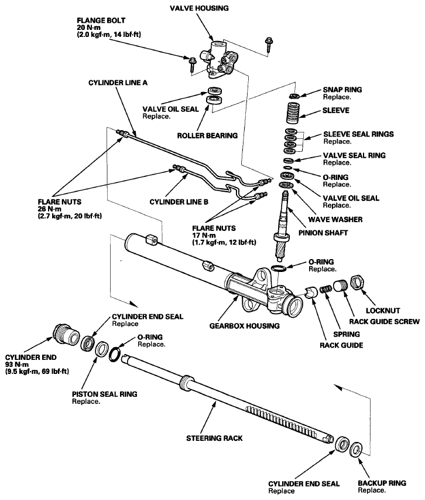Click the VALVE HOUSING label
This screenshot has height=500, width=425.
pos(199,8)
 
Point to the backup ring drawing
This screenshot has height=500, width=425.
pos(355,450)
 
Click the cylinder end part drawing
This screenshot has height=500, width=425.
pos(66,334)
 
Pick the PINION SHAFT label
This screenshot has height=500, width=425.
pos(323,233)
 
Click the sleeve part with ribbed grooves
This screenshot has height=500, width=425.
pos(294,113)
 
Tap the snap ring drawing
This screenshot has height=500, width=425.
pos(294,96)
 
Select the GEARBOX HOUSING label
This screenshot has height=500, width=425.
pos(245,326)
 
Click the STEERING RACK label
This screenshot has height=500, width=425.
pos(214,438)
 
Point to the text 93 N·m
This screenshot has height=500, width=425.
pos(17,365)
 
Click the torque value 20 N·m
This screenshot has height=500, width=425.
pos(88,28)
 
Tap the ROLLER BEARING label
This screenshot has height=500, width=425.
pos(207,135)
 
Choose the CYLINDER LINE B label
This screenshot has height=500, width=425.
pos(179,202)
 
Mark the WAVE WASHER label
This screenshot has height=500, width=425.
pos(335,219)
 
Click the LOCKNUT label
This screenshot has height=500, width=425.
pos(383,311)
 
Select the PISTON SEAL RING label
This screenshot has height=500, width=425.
pos(104,394)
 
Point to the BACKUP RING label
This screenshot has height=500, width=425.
pos(382,483)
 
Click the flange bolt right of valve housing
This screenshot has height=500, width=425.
pos(269,44)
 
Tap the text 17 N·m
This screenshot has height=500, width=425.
pos(204,235)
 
